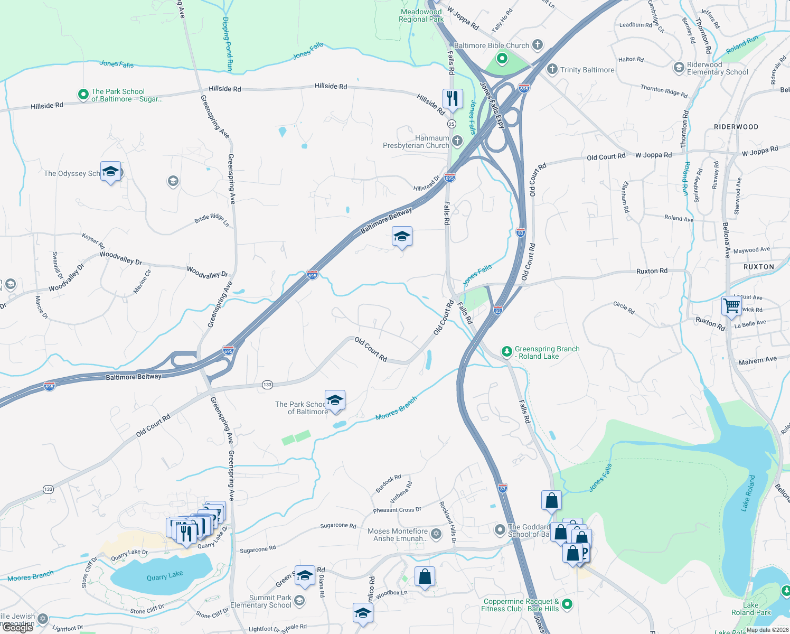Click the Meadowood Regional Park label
(421, 15)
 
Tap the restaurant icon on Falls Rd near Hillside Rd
(453, 99)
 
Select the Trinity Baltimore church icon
(552, 69)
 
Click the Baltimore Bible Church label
(491, 45)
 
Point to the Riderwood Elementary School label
(717, 68)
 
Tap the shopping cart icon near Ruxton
(731, 305)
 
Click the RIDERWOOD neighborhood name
(736, 127)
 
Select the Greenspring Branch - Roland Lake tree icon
(506, 352)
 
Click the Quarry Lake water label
(165, 576)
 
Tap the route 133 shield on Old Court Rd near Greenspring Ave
(267, 385)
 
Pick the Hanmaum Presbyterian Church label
(416, 142)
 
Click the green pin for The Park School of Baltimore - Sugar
(83, 95)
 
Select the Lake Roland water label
(748, 493)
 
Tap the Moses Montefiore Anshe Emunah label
(398, 535)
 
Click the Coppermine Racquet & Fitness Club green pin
(567, 603)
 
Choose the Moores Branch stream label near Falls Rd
(396, 408)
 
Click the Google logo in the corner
(17, 628)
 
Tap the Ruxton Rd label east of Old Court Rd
(652, 271)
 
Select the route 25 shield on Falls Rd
(451, 124)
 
